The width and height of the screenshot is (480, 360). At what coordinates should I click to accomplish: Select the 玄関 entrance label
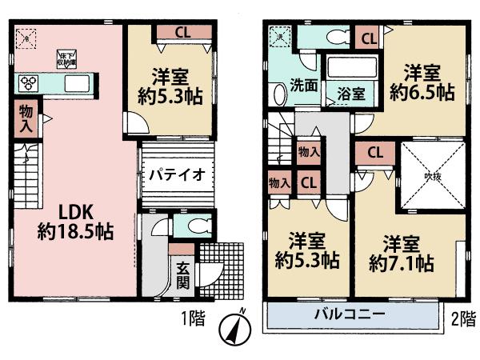(183, 276)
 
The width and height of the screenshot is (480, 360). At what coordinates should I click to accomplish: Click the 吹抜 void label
(433, 177)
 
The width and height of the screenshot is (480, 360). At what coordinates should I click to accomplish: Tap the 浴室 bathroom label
(353, 93)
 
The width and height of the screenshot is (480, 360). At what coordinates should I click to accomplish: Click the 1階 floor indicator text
(195, 318)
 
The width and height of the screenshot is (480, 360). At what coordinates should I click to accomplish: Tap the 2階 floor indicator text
(459, 318)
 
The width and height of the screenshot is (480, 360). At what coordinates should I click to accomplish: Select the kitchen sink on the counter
(78, 83)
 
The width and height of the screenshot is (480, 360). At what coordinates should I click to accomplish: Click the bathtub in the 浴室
(353, 67)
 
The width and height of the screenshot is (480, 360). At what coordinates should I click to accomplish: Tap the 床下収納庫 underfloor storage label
(66, 58)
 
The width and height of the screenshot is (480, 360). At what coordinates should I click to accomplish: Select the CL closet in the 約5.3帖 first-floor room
(182, 33)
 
